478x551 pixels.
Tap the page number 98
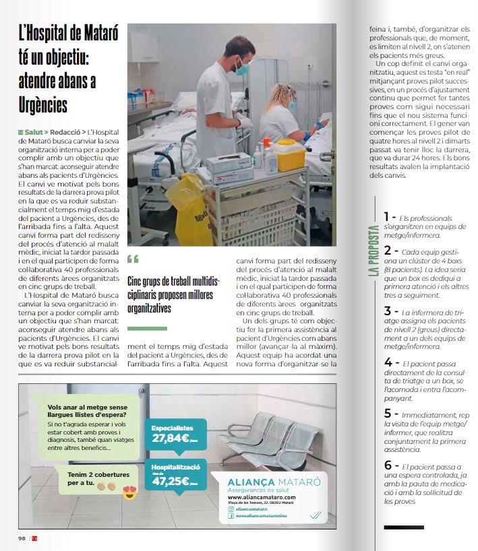pyautogui.click(x=22, y=538)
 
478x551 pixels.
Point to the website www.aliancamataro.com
pyautogui.click(x=262, y=497)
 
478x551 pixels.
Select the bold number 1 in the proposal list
pyautogui.click(x=387, y=217)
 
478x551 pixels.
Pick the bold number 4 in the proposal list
pyautogui.click(x=388, y=364)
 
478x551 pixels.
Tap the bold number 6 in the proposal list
pyautogui.click(x=388, y=465)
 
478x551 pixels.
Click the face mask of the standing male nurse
pyautogui.click(x=243, y=68)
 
